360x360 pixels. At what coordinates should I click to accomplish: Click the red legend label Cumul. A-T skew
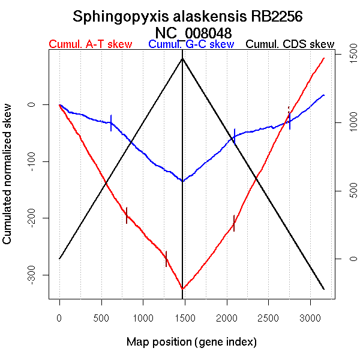point(90,45)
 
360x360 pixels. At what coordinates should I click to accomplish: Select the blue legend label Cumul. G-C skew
point(191,45)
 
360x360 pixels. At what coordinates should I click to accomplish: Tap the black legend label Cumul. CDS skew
point(290,45)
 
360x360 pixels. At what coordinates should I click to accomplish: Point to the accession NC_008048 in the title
point(193,32)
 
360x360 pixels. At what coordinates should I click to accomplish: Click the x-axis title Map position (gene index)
point(191,342)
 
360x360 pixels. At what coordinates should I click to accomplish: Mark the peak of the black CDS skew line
point(182,58)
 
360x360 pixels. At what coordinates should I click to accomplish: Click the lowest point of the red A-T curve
point(182,289)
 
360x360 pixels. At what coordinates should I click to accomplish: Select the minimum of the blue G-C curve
point(182,181)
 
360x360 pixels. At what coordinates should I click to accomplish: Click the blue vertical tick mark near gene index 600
point(111,122)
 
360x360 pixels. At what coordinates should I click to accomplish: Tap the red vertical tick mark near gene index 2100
point(234,223)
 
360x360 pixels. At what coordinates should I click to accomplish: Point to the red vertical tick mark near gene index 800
point(127,215)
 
